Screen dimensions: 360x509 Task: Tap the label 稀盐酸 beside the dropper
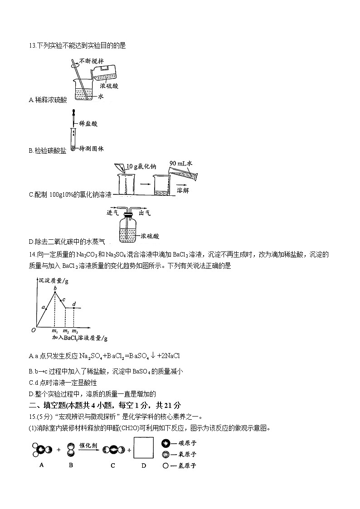coord(88,123)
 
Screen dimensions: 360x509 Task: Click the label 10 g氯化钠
coord(141,167)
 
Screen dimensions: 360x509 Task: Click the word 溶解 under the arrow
coord(183,190)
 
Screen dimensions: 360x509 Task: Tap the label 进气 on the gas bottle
coord(112,213)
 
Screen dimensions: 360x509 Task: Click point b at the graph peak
coord(55,292)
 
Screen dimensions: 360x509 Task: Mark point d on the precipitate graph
coord(74,308)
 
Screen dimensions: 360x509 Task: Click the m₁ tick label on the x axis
coord(55,332)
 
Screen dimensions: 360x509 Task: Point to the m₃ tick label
coord(74,332)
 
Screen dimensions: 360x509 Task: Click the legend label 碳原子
coord(187,443)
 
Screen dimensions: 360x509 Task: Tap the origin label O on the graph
coord(33,330)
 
